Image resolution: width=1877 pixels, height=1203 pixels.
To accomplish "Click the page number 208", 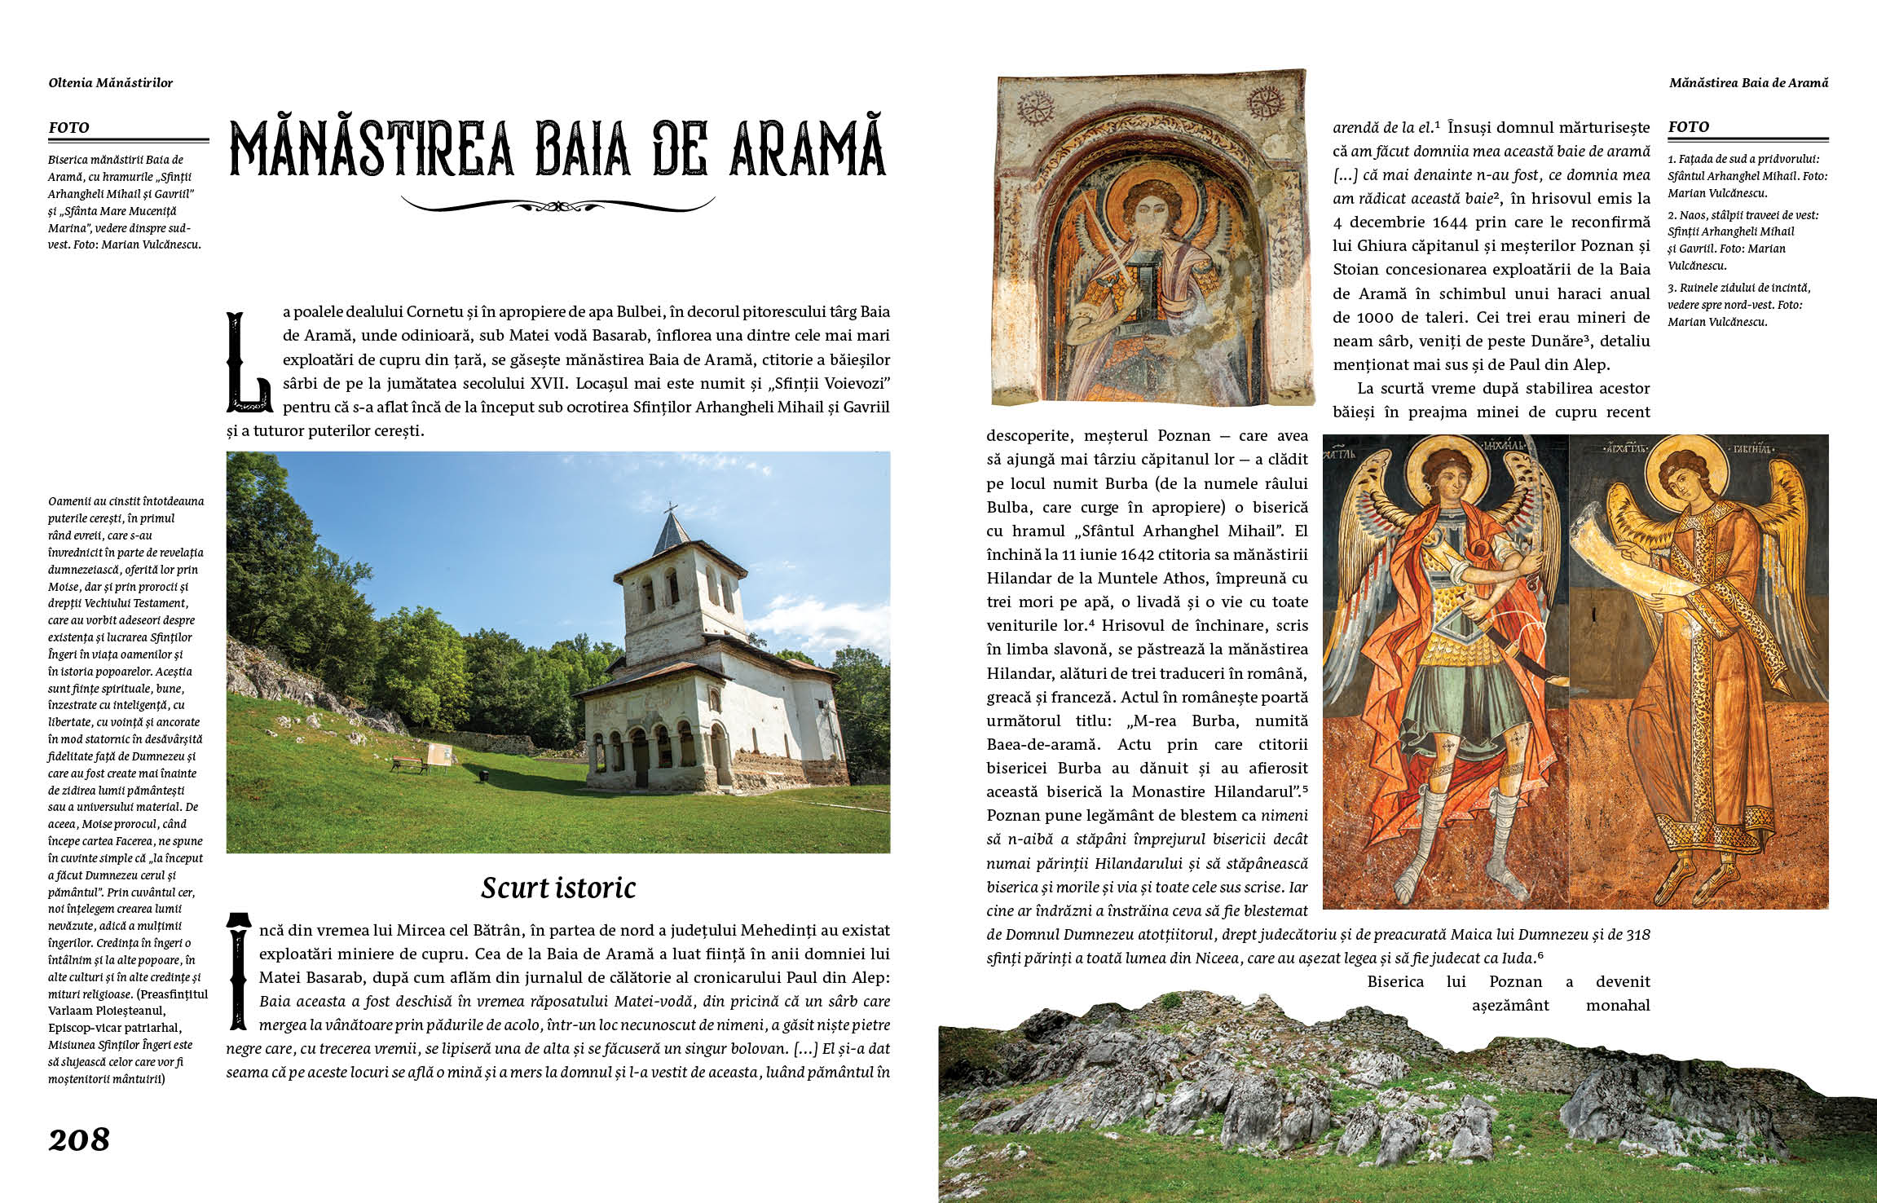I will pyautogui.click(x=79, y=1139).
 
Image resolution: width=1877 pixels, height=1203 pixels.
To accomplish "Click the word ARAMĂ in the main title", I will pyautogui.click(x=806, y=149).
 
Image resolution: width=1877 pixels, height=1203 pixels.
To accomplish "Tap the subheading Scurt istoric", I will pyautogui.click(x=558, y=888).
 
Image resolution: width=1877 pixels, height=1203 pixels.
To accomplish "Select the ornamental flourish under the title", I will pyautogui.click(x=558, y=205).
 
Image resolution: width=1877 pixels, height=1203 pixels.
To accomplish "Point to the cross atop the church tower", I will pyautogui.click(x=671, y=509).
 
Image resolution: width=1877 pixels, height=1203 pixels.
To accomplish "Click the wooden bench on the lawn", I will pyautogui.click(x=410, y=764).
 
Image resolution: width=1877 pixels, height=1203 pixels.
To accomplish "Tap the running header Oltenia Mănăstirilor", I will pyautogui.click(x=111, y=82).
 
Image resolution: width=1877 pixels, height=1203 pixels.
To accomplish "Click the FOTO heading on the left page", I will pyautogui.click(x=69, y=127).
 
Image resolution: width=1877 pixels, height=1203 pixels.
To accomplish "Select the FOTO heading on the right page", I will pyautogui.click(x=1689, y=126).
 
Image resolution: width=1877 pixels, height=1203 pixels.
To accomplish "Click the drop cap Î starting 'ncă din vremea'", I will pyautogui.click(x=238, y=971).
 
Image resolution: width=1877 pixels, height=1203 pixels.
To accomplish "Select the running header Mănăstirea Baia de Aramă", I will pyautogui.click(x=1748, y=82).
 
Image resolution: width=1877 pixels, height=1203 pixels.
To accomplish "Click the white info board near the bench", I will pyautogui.click(x=440, y=755).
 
